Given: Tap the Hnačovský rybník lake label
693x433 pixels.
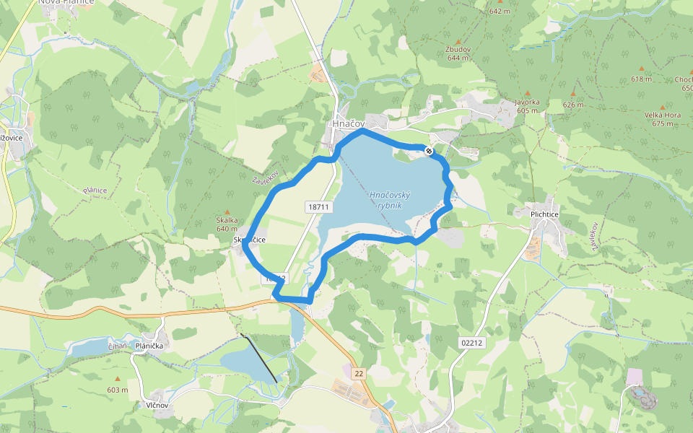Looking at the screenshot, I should click(x=390, y=200).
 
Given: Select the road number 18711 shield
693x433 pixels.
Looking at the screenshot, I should click(x=318, y=207).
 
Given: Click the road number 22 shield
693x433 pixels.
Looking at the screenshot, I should click(x=359, y=373).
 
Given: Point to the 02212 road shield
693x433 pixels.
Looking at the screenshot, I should click(x=472, y=343).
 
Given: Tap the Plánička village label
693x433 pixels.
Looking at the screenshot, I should click(x=150, y=346).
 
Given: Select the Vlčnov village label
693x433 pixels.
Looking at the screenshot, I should click(x=156, y=406).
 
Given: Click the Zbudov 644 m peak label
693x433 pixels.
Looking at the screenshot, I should click(x=458, y=53).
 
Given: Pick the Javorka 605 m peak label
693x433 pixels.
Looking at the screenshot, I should click(x=527, y=106).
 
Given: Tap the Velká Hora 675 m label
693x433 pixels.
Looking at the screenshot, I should click(x=662, y=118).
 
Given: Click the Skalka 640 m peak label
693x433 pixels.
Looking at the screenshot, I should click(x=226, y=224).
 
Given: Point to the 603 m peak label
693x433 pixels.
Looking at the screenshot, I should click(x=117, y=390).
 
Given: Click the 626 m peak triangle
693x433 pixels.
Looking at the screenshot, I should click(x=573, y=95).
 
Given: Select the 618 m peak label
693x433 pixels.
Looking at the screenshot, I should click(x=641, y=79).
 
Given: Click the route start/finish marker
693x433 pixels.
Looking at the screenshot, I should click(x=429, y=151).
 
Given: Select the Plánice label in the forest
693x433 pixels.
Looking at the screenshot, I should click(x=95, y=191).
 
